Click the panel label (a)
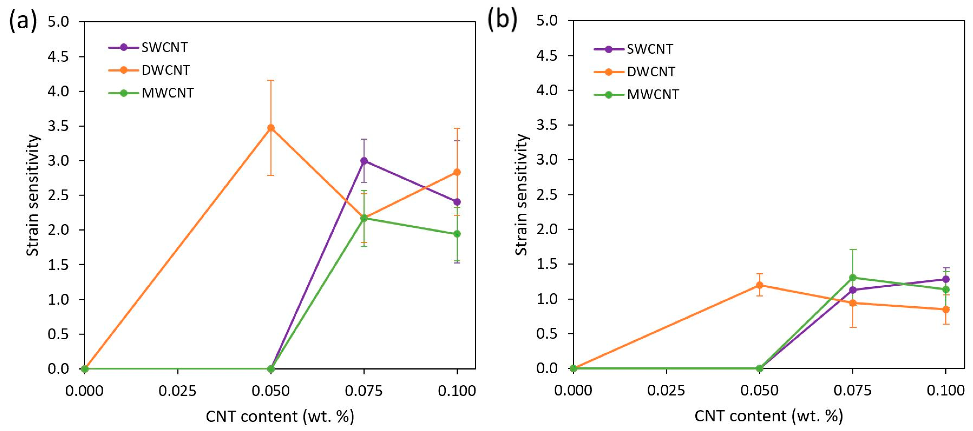23,20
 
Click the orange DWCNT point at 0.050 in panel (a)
271,128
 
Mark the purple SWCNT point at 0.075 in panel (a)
364,161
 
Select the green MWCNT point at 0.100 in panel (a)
457,234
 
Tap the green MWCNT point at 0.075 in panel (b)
852,278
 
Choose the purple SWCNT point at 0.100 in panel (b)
946,279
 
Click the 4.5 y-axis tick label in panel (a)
58,57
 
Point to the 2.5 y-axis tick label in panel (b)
547,195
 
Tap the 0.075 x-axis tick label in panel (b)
852,390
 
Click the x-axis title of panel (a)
280,417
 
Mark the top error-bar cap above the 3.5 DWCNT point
271,80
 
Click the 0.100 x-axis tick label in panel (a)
457,391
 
